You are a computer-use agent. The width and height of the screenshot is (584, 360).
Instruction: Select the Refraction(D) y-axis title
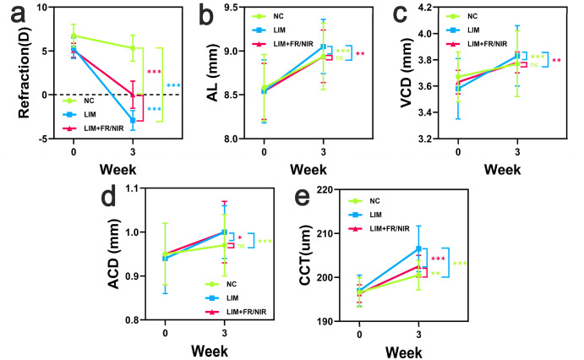pyautogui.click(x=14, y=75)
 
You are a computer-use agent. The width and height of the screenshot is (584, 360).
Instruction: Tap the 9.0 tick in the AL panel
pyautogui.click(x=238, y=51)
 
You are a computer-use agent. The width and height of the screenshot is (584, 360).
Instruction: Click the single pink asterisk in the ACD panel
pyautogui.click(x=239, y=238)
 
